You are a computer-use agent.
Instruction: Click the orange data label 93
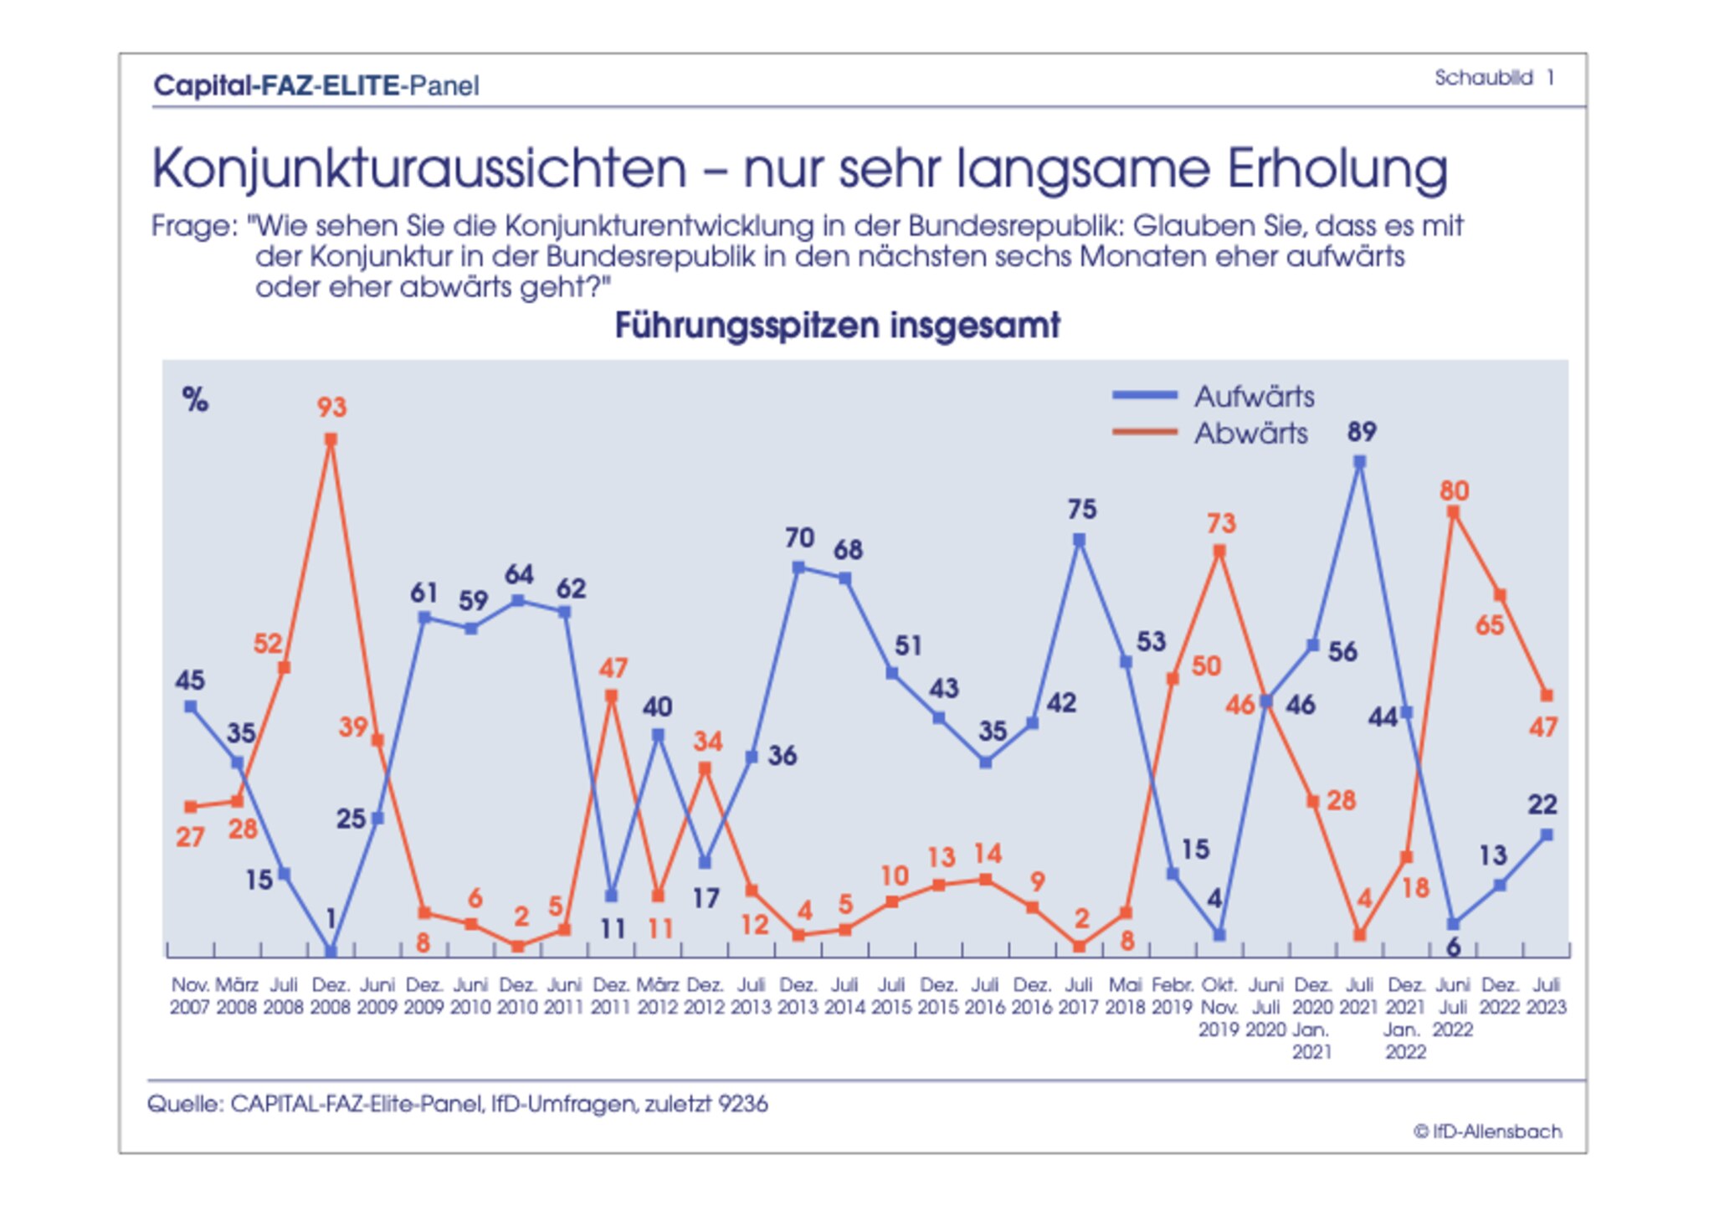tap(331, 408)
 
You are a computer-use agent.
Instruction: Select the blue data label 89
tap(1361, 432)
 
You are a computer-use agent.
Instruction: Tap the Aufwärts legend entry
tap(1214, 396)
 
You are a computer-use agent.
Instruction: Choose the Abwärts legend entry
tap(1210, 434)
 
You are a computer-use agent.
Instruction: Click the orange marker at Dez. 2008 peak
tap(331, 439)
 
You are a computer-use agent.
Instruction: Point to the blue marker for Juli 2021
tap(1360, 462)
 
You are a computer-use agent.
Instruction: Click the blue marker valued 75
tap(1080, 541)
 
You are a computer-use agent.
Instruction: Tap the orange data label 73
tap(1221, 524)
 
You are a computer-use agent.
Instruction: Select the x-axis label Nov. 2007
tap(190, 996)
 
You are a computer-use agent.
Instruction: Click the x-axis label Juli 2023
tap(1546, 996)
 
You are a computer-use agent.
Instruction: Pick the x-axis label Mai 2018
tap(1126, 996)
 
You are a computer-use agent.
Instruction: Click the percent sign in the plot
tap(195, 400)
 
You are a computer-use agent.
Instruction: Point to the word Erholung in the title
tap(1337, 169)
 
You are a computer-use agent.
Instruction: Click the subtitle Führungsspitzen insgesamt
tap(837, 326)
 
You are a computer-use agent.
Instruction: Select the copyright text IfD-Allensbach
tap(1487, 1132)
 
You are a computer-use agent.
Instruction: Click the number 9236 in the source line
tap(742, 1104)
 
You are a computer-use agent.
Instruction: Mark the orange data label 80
tap(1454, 491)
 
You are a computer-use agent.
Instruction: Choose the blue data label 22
tap(1542, 805)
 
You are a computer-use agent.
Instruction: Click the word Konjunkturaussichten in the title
tap(419, 169)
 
